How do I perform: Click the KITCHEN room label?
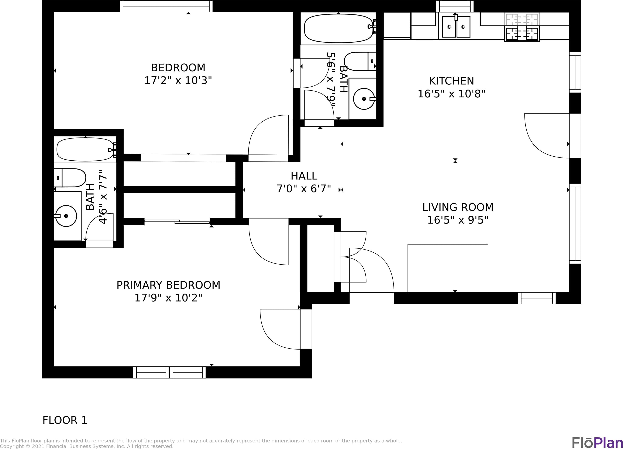point(451,81)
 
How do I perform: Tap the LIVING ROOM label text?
point(458,207)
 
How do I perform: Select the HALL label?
point(304,176)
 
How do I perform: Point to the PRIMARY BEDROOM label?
point(168,285)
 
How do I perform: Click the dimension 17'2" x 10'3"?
point(178,80)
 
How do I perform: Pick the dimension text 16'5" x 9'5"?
point(458,220)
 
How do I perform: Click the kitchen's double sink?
point(456,27)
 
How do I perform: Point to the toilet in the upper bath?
point(360,61)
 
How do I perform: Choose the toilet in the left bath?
point(70,178)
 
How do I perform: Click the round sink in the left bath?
point(66,216)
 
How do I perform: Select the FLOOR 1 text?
point(65,420)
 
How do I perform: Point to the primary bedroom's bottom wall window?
point(169,372)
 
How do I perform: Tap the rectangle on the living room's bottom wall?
point(448,268)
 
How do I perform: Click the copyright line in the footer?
point(87,446)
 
